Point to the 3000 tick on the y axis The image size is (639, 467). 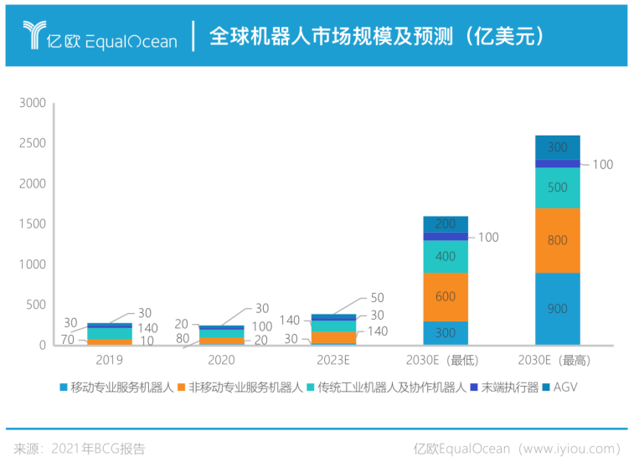[32, 103]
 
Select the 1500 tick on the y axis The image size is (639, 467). [32, 224]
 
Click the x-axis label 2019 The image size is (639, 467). [110, 360]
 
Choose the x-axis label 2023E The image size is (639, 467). [333, 360]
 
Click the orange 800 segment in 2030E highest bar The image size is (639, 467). [557, 240]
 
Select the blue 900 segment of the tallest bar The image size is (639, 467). [557, 308]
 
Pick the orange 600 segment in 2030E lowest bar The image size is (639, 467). [445, 296]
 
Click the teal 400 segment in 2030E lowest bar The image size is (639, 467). [445, 256]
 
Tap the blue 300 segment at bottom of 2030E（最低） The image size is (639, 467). [445, 333]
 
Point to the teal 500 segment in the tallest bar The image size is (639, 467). [557, 187]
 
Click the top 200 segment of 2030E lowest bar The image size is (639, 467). [445, 224]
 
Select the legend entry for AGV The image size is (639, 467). [559, 387]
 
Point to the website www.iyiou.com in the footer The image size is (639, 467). [570, 448]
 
